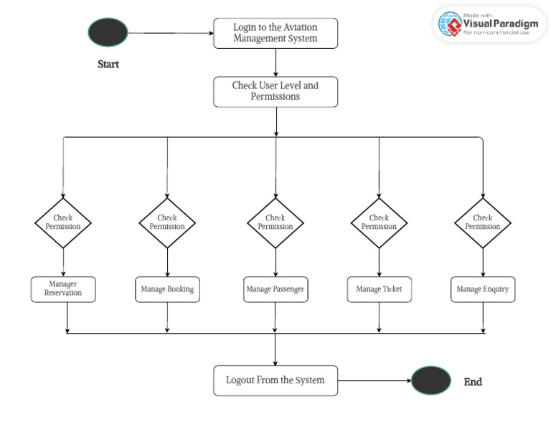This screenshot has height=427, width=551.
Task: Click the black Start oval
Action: [108, 33]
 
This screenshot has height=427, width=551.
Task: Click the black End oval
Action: [431, 380]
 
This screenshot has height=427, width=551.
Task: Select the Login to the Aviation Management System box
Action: [275, 33]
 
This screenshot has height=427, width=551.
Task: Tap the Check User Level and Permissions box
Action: [275, 91]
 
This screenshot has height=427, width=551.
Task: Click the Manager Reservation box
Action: [63, 288]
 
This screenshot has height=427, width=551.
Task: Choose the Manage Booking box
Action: [167, 289]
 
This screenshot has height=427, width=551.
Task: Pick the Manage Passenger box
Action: [275, 289]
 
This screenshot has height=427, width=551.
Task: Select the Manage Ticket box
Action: [379, 289]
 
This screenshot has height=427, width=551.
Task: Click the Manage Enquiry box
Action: [483, 289]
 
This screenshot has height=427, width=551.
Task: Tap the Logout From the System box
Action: [275, 380]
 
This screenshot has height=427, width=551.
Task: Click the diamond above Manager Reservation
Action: [63, 222]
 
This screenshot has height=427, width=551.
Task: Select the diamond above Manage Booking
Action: [167, 222]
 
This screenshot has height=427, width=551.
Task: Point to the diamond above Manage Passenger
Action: [275, 222]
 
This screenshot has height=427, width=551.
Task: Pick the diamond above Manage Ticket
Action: [379, 222]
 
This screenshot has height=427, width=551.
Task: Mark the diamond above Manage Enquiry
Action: [483, 222]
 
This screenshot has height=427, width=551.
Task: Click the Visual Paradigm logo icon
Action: [451, 24]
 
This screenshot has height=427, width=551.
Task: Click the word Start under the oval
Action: [108, 65]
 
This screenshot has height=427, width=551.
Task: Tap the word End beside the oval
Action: [473, 382]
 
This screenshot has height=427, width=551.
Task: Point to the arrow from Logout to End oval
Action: [374, 380]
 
